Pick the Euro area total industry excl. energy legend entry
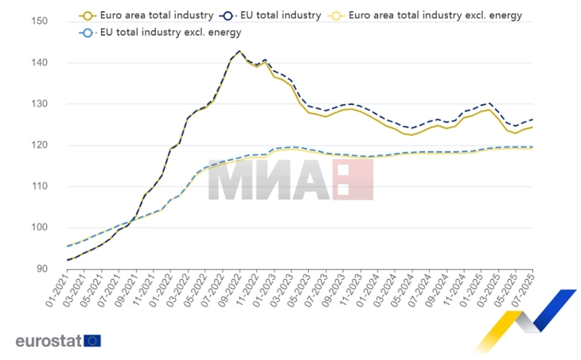click(430, 15)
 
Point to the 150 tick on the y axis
click(38, 22)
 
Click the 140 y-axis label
click(38, 63)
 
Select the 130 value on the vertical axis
click(38, 104)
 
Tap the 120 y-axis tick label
click(38, 146)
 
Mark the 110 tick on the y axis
click(38, 186)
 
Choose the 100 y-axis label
click(38, 228)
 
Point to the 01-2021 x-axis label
click(57, 295)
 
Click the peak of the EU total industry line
click(240, 51)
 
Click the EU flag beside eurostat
click(92, 341)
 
